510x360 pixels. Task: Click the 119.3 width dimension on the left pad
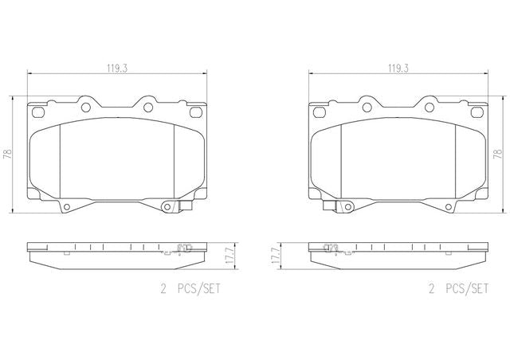117,68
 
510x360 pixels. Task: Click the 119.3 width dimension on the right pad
398,68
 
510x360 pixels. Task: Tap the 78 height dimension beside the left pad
7,155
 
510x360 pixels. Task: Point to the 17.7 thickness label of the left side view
230,256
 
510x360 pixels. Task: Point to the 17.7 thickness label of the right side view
276,256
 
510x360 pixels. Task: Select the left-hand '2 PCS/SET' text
190,289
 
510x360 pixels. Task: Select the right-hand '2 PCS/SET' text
458,289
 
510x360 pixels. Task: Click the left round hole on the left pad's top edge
86,108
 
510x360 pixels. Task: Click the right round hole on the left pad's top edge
148,108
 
